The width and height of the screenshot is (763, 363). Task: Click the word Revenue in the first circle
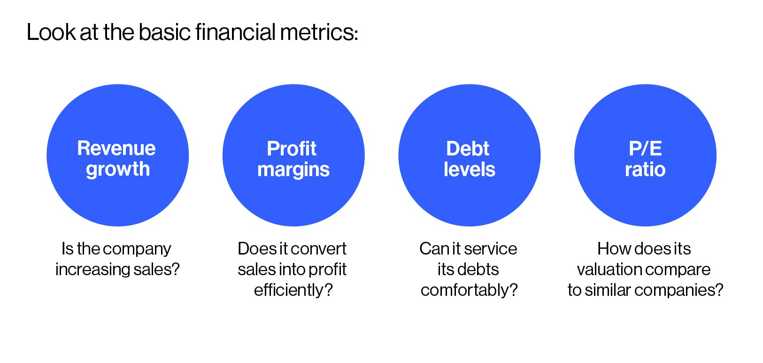(116, 148)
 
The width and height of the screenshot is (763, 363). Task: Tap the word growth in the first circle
(118, 170)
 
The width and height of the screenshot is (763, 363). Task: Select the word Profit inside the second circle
(292, 149)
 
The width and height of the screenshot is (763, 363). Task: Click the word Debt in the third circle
(468, 149)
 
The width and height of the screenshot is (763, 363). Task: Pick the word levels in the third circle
(469, 170)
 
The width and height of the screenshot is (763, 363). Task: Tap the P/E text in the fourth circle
(645, 149)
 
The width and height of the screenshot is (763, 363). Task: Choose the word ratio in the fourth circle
(645, 170)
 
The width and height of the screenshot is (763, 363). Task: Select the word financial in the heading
(235, 32)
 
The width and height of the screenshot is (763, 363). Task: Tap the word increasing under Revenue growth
(86, 270)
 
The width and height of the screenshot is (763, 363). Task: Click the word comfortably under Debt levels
(469, 290)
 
